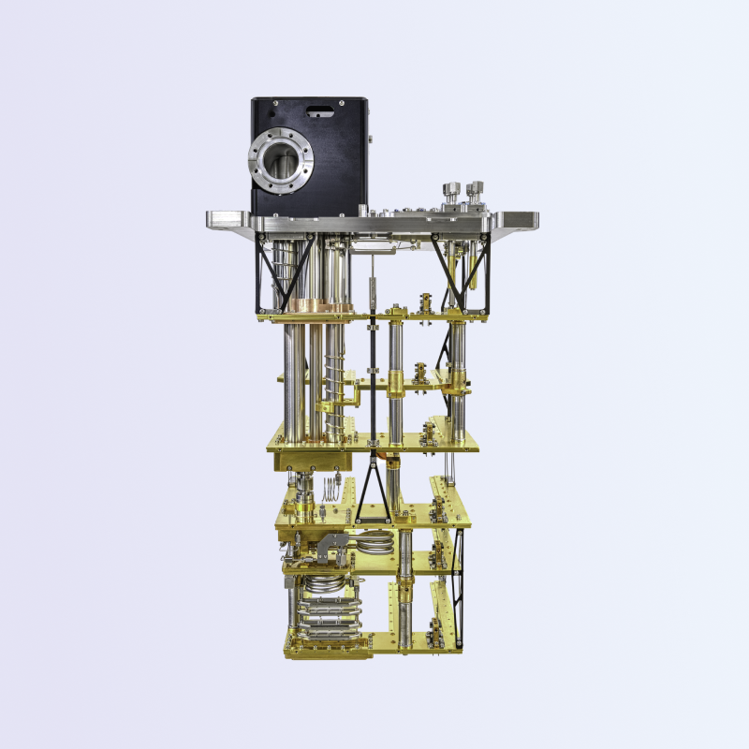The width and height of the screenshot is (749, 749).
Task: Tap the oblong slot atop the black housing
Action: click(x=319, y=112)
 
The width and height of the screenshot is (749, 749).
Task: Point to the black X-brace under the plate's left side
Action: click(x=273, y=272)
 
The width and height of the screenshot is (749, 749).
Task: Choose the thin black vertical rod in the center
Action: click(x=373, y=374)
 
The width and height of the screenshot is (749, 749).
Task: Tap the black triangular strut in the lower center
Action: click(x=374, y=492)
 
